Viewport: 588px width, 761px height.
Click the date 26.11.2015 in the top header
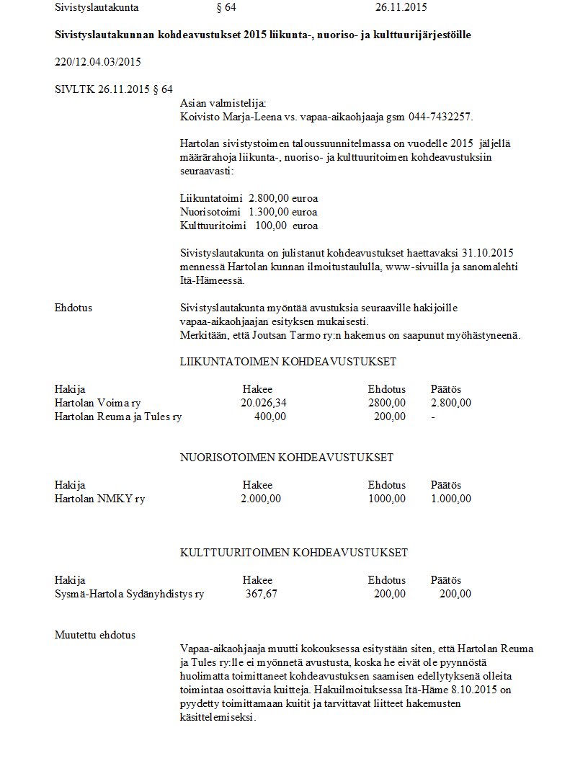(401, 8)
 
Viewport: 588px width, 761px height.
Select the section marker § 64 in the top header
(226, 8)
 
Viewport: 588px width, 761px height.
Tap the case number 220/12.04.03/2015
(97, 62)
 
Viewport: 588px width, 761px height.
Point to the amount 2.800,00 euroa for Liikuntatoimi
(282, 197)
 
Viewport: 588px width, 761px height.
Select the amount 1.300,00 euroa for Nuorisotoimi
(282, 212)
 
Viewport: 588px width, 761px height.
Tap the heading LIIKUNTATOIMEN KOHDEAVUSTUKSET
(288, 362)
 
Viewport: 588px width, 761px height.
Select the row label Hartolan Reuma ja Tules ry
(118, 417)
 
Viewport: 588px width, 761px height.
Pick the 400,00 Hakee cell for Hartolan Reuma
(270, 417)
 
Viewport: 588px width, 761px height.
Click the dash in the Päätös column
(432, 417)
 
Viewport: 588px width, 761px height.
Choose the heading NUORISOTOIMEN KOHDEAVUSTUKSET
(286, 458)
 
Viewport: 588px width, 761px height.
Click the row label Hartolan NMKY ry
(99, 499)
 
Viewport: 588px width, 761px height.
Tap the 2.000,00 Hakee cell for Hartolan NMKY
(261, 499)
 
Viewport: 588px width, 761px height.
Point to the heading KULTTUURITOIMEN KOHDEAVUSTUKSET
(293, 553)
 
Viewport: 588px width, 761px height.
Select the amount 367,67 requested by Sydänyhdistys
(261, 594)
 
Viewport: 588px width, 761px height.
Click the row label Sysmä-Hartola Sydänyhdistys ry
(129, 594)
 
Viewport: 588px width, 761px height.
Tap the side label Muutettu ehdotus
(94, 635)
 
